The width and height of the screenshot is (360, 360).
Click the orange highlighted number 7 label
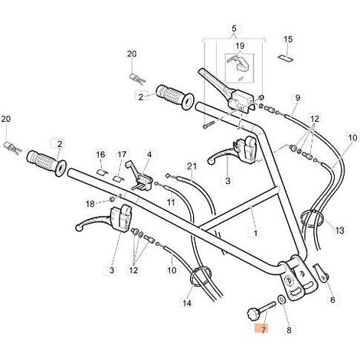point(263,328)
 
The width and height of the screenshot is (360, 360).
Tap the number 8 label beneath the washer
point(289,330)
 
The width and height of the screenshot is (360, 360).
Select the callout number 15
point(288,39)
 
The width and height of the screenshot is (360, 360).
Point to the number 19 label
point(240,46)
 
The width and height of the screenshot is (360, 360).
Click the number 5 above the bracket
point(234,28)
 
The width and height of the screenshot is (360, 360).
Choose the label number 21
point(191,166)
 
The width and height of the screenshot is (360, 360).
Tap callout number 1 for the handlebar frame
point(255,233)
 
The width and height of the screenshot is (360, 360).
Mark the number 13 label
point(339,231)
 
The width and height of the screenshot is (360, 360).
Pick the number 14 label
point(187,303)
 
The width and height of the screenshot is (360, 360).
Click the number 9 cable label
point(298,98)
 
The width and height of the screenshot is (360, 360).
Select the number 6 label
point(332,299)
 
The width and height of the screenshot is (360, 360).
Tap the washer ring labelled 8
point(281,299)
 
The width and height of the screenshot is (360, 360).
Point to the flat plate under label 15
point(286,57)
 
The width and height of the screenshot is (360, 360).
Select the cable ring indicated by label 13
point(313,218)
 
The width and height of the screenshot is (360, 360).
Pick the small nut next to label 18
point(112,199)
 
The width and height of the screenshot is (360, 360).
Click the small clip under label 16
point(101,172)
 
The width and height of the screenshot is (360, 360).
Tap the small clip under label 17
point(118,178)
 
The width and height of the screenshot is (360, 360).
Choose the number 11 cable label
point(171,202)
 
